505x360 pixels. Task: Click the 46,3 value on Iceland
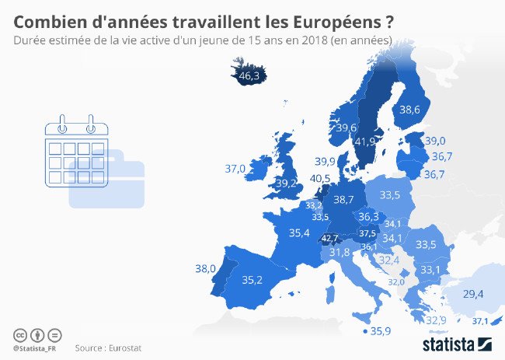pyautogui.click(x=249, y=76)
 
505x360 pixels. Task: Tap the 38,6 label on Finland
pyautogui.click(x=409, y=110)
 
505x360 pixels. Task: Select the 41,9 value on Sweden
pyautogui.click(x=365, y=142)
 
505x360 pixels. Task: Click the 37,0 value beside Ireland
pyautogui.click(x=235, y=168)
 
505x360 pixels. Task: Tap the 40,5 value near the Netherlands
pyautogui.click(x=320, y=179)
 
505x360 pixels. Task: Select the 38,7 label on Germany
pyautogui.click(x=343, y=200)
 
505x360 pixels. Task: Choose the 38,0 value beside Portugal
pyautogui.click(x=205, y=269)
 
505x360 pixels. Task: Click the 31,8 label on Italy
pyautogui.click(x=340, y=252)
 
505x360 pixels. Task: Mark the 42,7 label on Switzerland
pyautogui.click(x=330, y=238)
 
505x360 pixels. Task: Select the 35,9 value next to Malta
pyautogui.click(x=380, y=331)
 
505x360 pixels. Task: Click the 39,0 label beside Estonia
pyautogui.click(x=435, y=141)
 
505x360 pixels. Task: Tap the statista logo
pyautogui.click(x=458, y=343)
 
